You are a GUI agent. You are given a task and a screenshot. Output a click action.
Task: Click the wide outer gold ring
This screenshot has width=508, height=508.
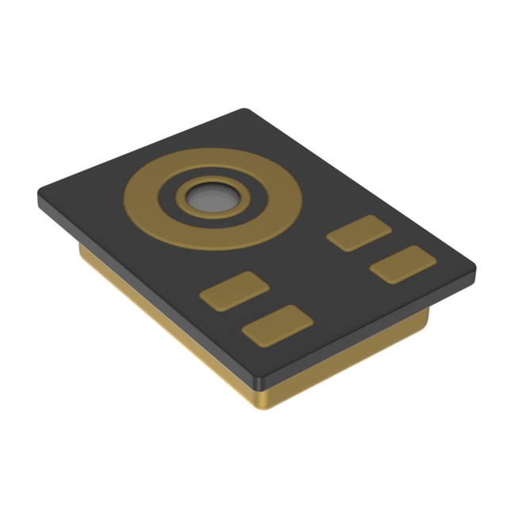[x=143, y=198]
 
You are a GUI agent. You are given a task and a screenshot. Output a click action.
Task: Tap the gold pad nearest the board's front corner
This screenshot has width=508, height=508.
[x=277, y=325]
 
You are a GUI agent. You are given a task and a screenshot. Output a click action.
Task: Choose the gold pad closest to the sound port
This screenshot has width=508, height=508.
[x=360, y=233]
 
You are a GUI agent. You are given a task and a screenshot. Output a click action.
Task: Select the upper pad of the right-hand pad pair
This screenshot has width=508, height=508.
[x=360, y=233]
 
